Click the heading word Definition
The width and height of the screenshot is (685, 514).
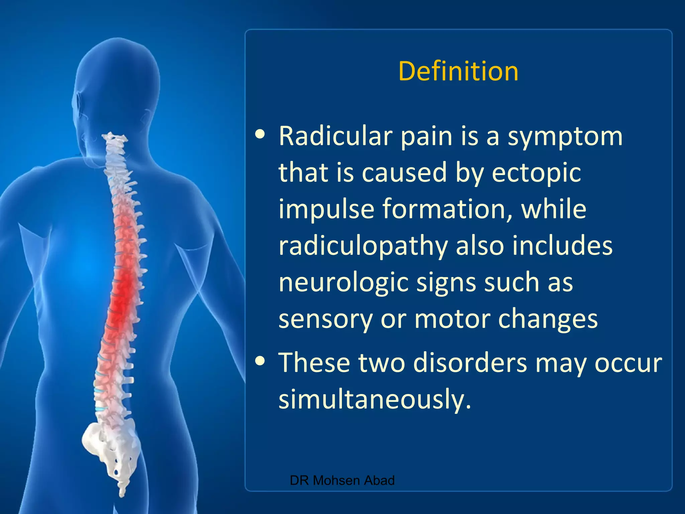(458, 71)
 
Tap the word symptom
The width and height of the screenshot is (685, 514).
(565, 137)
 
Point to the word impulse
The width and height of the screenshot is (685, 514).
(326, 209)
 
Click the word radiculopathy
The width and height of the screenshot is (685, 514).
(363, 246)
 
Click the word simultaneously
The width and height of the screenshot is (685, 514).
(375, 399)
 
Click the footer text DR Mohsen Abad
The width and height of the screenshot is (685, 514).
(342, 481)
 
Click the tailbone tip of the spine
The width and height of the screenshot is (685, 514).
(122, 492)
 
